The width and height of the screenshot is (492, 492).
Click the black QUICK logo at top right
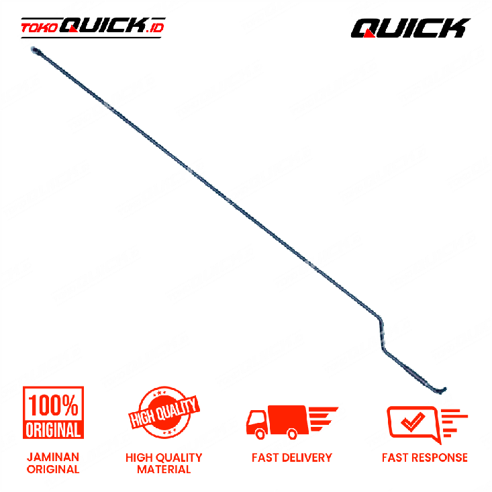(x=410, y=28)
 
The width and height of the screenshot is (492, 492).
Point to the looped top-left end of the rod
(x=34, y=50)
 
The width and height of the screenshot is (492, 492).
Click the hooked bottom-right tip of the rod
(x=443, y=391)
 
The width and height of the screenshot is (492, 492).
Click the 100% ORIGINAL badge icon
(x=53, y=412)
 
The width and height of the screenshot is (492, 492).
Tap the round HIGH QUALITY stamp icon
(x=164, y=412)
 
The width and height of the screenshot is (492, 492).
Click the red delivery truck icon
(x=292, y=422)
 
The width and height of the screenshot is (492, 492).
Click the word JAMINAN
(x=53, y=457)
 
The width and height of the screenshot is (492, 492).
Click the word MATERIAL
(x=164, y=469)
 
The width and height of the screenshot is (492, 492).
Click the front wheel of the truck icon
(x=260, y=434)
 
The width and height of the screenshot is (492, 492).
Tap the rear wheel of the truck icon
(x=292, y=434)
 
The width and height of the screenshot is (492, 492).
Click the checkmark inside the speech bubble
(x=413, y=422)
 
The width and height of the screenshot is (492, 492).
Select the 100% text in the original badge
(x=53, y=405)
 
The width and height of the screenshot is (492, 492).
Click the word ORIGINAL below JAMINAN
(x=53, y=469)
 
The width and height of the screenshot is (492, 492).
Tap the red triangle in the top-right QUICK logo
(x=368, y=34)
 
